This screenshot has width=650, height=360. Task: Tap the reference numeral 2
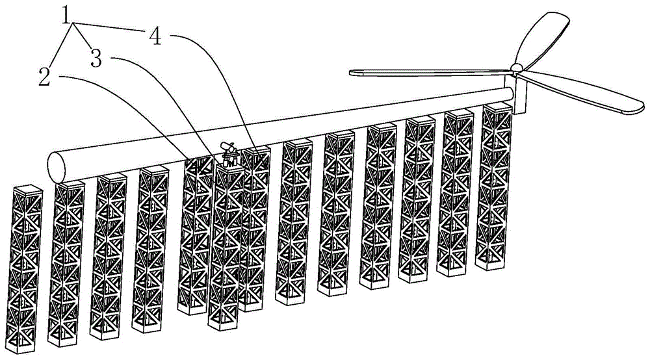pyautogui.click(x=44, y=77)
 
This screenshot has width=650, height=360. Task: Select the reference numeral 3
pyautogui.click(x=96, y=58)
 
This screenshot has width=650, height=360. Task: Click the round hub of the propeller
pyautogui.click(x=517, y=68)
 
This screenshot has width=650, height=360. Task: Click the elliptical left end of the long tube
pyautogui.click(x=57, y=167)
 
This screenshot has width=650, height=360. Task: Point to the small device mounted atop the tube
pyautogui.click(x=229, y=153)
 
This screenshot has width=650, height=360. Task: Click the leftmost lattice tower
pyautogui.click(x=24, y=269)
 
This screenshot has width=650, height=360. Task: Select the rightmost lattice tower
pyautogui.click(x=494, y=186)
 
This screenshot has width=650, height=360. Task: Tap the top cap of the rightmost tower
pyautogui.click(x=498, y=107)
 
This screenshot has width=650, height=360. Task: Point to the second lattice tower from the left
pyautogui.click(x=66, y=264)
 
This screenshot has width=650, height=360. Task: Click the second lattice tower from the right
pyautogui.click(x=455, y=193)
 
